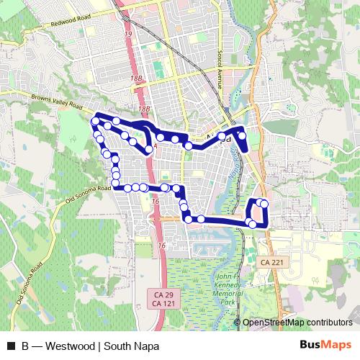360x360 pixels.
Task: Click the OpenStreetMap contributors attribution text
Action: [x=298, y=323]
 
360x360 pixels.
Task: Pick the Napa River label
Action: [x=230, y=171]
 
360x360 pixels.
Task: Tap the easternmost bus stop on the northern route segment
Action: [x=242, y=135]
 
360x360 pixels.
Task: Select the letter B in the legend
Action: [x=25, y=345]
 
